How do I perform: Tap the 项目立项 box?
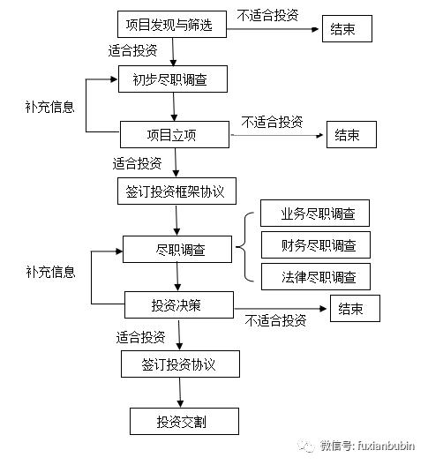pyautogui.click(x=175, y=135)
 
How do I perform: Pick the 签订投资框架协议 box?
pyautogui.click(x=176, y=191)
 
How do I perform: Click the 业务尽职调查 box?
pyautogui.click(x=314, y=214)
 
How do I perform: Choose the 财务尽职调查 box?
pyautogui.click(x=314, y=245)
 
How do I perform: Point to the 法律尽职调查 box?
pyautogui.click(x=314, y=276)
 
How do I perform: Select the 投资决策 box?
pyautogui.click(x=177, y=305)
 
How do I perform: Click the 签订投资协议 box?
pyautogui.click(x=179, y=364)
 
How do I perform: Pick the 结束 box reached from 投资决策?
pyautogui.click(x=355, y=308)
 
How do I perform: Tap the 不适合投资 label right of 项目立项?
pyautogui.click(x=272, y=122)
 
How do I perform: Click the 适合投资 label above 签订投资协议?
pyautogui.click(x=140, y=336)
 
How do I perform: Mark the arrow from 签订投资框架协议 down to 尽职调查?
pyautogui.click(x=177, y=220)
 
